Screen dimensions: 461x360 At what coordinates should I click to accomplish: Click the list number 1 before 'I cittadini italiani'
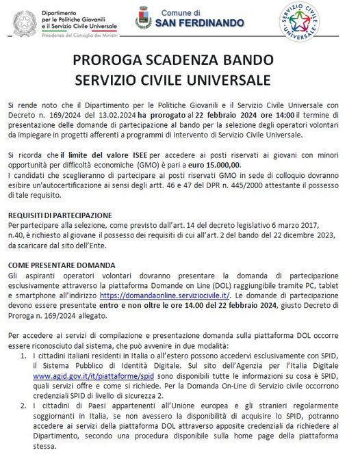point(24,356)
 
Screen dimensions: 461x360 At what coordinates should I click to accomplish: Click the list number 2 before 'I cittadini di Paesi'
point(24,405)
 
